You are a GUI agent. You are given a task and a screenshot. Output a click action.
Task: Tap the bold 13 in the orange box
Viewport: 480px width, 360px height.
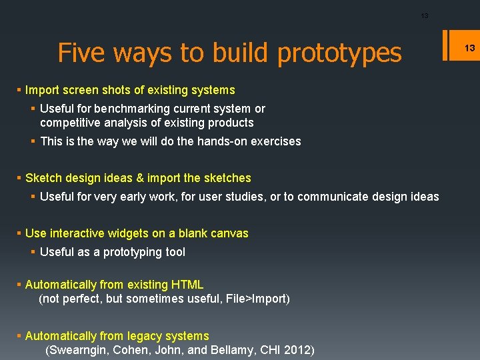(469, 47)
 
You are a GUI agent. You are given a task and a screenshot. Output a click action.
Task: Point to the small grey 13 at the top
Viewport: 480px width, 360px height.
(425, 16)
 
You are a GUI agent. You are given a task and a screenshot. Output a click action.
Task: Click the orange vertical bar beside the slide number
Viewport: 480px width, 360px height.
(454, 47)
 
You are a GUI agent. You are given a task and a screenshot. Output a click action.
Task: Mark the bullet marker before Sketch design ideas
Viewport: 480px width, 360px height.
(19, 178)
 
